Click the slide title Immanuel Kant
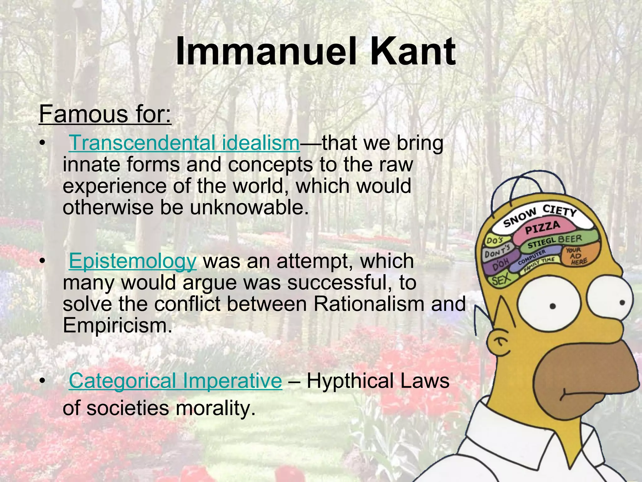pyautogui.click(x=315, y=52)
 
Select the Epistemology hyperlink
pyautogui.click(x=133, y=261)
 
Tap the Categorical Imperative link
pyautogui.click(x=176, y=381)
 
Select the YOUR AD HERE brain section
pyautogui.click(x=576, y=256)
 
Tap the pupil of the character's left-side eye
pyautogui.click(x=553, y=306)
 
